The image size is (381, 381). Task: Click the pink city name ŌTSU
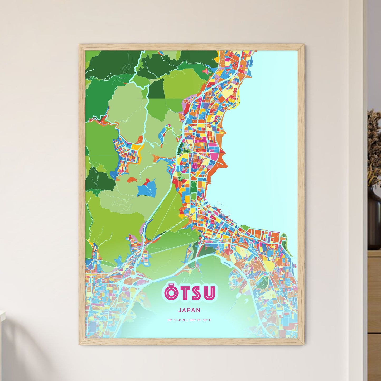click(x=190, y=293)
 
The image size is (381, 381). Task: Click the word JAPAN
click(x=189, y=310)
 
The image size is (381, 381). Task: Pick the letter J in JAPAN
click(x=180, y=310)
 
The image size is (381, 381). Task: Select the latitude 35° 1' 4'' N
click(x=176, y=320)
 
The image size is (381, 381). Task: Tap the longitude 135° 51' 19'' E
click(x=200, y=320)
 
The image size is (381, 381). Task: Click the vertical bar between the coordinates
click(x=187, y=320)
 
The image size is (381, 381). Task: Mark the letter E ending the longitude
click(x=210, y=320)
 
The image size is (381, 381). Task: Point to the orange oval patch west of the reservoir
click(x=132, y=180)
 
